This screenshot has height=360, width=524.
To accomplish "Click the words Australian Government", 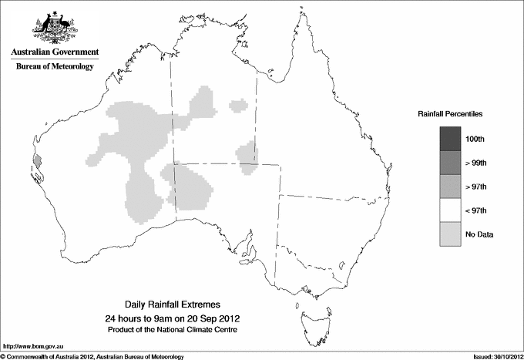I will [55, 52].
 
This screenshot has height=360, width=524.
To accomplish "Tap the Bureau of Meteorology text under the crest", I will [55, 67].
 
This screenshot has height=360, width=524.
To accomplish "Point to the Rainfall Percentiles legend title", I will [450, 113].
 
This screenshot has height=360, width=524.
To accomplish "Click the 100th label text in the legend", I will [475, 139].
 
